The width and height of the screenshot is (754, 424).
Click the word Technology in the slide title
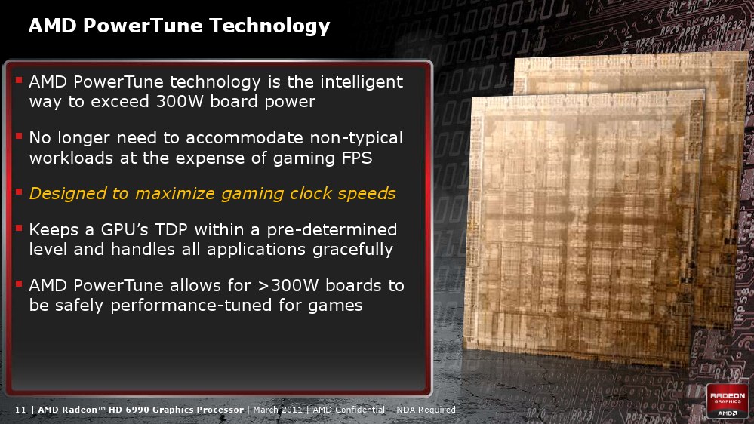pyautogui.click(x=269, y=26)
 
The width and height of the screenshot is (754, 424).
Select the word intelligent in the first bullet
pyautogui.click(x=362, y=81)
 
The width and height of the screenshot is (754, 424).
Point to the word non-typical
pyautogui.click(x=356, y=139)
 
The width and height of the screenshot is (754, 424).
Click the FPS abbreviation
pyautogui.click(x=357, y=158)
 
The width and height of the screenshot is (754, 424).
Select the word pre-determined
pyautogui.click(x=332, y=230)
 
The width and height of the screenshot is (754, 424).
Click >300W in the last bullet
pyautogui.click(x=288, y=285)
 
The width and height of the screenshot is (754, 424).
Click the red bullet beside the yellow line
pyautogui.click(x=19, y=192)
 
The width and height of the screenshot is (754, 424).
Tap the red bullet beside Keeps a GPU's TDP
pyautogui.click(x=19, y=228)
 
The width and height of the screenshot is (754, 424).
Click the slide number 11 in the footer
pyautogui.click(x=20, y=410)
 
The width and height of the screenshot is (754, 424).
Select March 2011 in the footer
pyautogui.click(x=278, y=410)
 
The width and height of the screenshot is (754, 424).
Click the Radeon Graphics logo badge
pyautogui.click(x=728, y=401)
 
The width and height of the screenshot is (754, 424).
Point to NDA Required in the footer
pyautogui.click(x=426, y=410)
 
